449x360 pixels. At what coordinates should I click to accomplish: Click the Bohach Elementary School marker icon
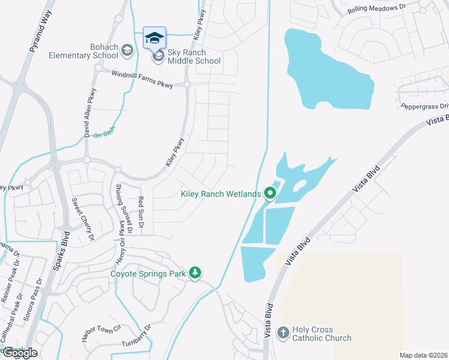click(x=127, y=50)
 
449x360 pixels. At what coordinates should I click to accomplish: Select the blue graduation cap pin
click(x=154, y=38)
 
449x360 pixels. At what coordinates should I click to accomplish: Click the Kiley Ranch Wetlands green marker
click(x=270, y=193)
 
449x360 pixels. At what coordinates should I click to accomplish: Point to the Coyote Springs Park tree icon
click(x=194, y=273)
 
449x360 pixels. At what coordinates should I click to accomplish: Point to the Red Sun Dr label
click(x=141, y=213)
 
